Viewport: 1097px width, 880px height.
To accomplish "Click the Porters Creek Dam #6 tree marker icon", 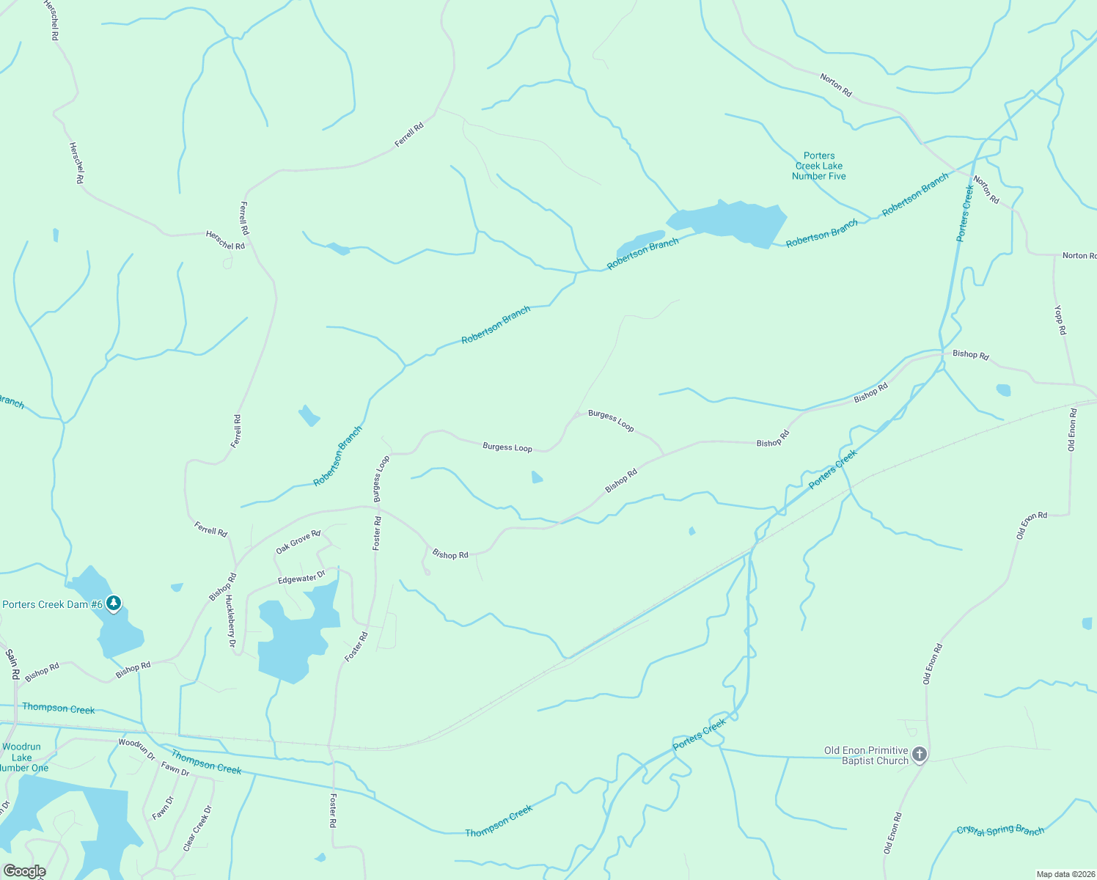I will pyautogui.click(x=113, y=604).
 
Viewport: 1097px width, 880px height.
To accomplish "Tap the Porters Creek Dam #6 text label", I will pyautogui.click(x=52, y=604).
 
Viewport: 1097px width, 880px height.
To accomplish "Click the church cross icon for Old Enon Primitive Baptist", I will pyautogui.click(x=919, y=755).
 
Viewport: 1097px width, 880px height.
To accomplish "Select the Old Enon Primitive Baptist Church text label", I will pyautogui.click(x=866, y=755).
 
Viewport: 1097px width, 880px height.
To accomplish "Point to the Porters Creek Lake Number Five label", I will pyautogui.click(x=819, y=166).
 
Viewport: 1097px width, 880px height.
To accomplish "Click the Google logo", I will pyautogui.click(x=24, y=871).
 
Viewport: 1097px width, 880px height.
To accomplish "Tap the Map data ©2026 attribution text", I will pyautogui.click(x=1064, y=874).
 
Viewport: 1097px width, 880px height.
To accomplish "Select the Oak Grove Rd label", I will pyautogui.click(x=298, y=542).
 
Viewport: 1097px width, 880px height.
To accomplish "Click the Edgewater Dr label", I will pyautogui.click(x=301, y=579).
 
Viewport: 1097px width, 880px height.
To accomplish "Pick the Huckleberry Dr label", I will pyautogui.click(x=230, y=621).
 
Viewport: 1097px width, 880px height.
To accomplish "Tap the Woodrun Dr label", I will pyautogui.click(x=137, y=749).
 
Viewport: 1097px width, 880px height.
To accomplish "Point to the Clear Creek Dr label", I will pyautogui.click(x=197, y=829).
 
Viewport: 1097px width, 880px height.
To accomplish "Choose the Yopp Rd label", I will pyautogui.click(x=1060, y=320).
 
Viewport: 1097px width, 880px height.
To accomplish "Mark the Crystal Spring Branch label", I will pyautogui.click(x=1000, y=830).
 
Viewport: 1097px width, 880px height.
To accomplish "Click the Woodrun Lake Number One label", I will pyautogui.click(x=22, y=758).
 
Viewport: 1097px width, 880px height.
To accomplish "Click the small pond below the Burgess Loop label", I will pyautogui.click(x=537, y=477).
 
